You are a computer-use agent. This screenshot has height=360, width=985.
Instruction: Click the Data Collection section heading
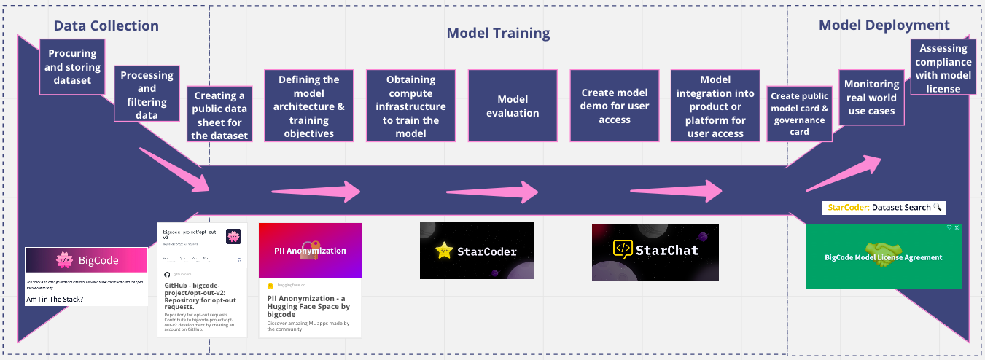pos(106,26)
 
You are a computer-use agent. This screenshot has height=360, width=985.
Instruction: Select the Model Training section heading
pos(498,33)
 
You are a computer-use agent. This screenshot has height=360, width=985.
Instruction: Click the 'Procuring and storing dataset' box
pos(73,66)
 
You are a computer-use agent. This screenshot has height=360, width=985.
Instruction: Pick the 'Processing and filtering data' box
pos(147,95)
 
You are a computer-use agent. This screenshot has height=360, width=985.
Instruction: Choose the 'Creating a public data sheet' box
pos(219,115)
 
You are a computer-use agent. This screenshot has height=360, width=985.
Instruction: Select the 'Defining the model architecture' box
pos(309,106)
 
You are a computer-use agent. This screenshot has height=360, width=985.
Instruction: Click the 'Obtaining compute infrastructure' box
pos(411,106)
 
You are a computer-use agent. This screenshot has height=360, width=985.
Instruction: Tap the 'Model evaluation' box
pos(513,106)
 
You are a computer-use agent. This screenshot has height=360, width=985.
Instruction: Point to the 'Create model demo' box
pos(615,106)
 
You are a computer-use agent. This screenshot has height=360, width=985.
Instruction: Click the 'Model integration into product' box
pos(715,106)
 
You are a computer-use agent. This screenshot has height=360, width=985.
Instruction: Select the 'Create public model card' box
pos(800,114)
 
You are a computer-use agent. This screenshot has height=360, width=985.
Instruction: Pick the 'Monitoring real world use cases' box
pos(871,98)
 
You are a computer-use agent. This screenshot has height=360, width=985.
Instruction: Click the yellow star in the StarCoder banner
pos(444,251)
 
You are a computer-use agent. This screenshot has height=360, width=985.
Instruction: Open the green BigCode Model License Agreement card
pos(884,257)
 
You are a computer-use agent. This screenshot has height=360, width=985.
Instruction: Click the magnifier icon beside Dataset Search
pos(938,208)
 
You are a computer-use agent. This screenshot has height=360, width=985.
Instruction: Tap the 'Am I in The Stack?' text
pos(55,299)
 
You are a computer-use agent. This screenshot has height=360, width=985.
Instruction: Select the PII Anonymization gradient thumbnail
pos(311,250)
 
